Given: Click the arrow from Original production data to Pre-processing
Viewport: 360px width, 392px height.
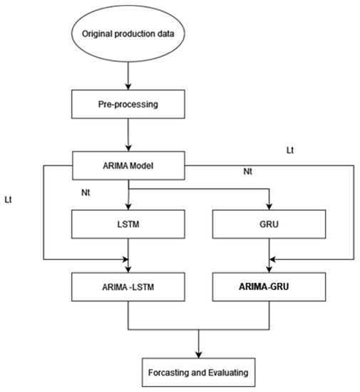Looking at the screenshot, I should tap(128, 76).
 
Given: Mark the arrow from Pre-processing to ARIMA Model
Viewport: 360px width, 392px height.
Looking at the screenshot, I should tap(128, 135).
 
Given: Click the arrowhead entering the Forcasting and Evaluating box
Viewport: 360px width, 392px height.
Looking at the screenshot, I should tap(198, 354).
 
